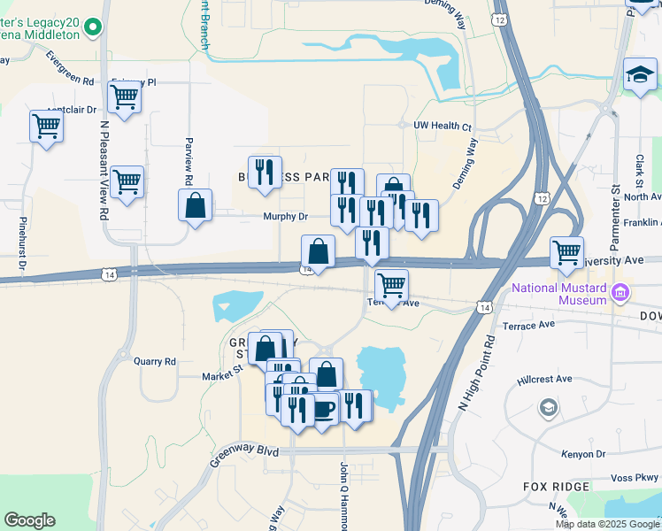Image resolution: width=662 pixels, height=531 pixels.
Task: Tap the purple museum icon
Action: point(620,292)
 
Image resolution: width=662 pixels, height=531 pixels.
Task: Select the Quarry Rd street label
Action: point(155,361)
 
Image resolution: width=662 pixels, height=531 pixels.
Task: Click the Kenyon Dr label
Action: point(583,454)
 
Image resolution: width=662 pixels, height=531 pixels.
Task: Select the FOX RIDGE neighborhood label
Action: point(556,487)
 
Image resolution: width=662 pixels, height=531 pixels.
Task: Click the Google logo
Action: point(29,520)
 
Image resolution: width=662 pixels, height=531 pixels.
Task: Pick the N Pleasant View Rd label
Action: point(104,173)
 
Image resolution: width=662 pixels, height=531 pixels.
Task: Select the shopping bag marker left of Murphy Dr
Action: point(195,206)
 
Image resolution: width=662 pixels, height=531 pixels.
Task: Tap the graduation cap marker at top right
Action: point(640,74)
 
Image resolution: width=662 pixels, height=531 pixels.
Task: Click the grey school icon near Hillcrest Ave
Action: point(548,408)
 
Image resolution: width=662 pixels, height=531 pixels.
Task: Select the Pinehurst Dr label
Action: point(24,247)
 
